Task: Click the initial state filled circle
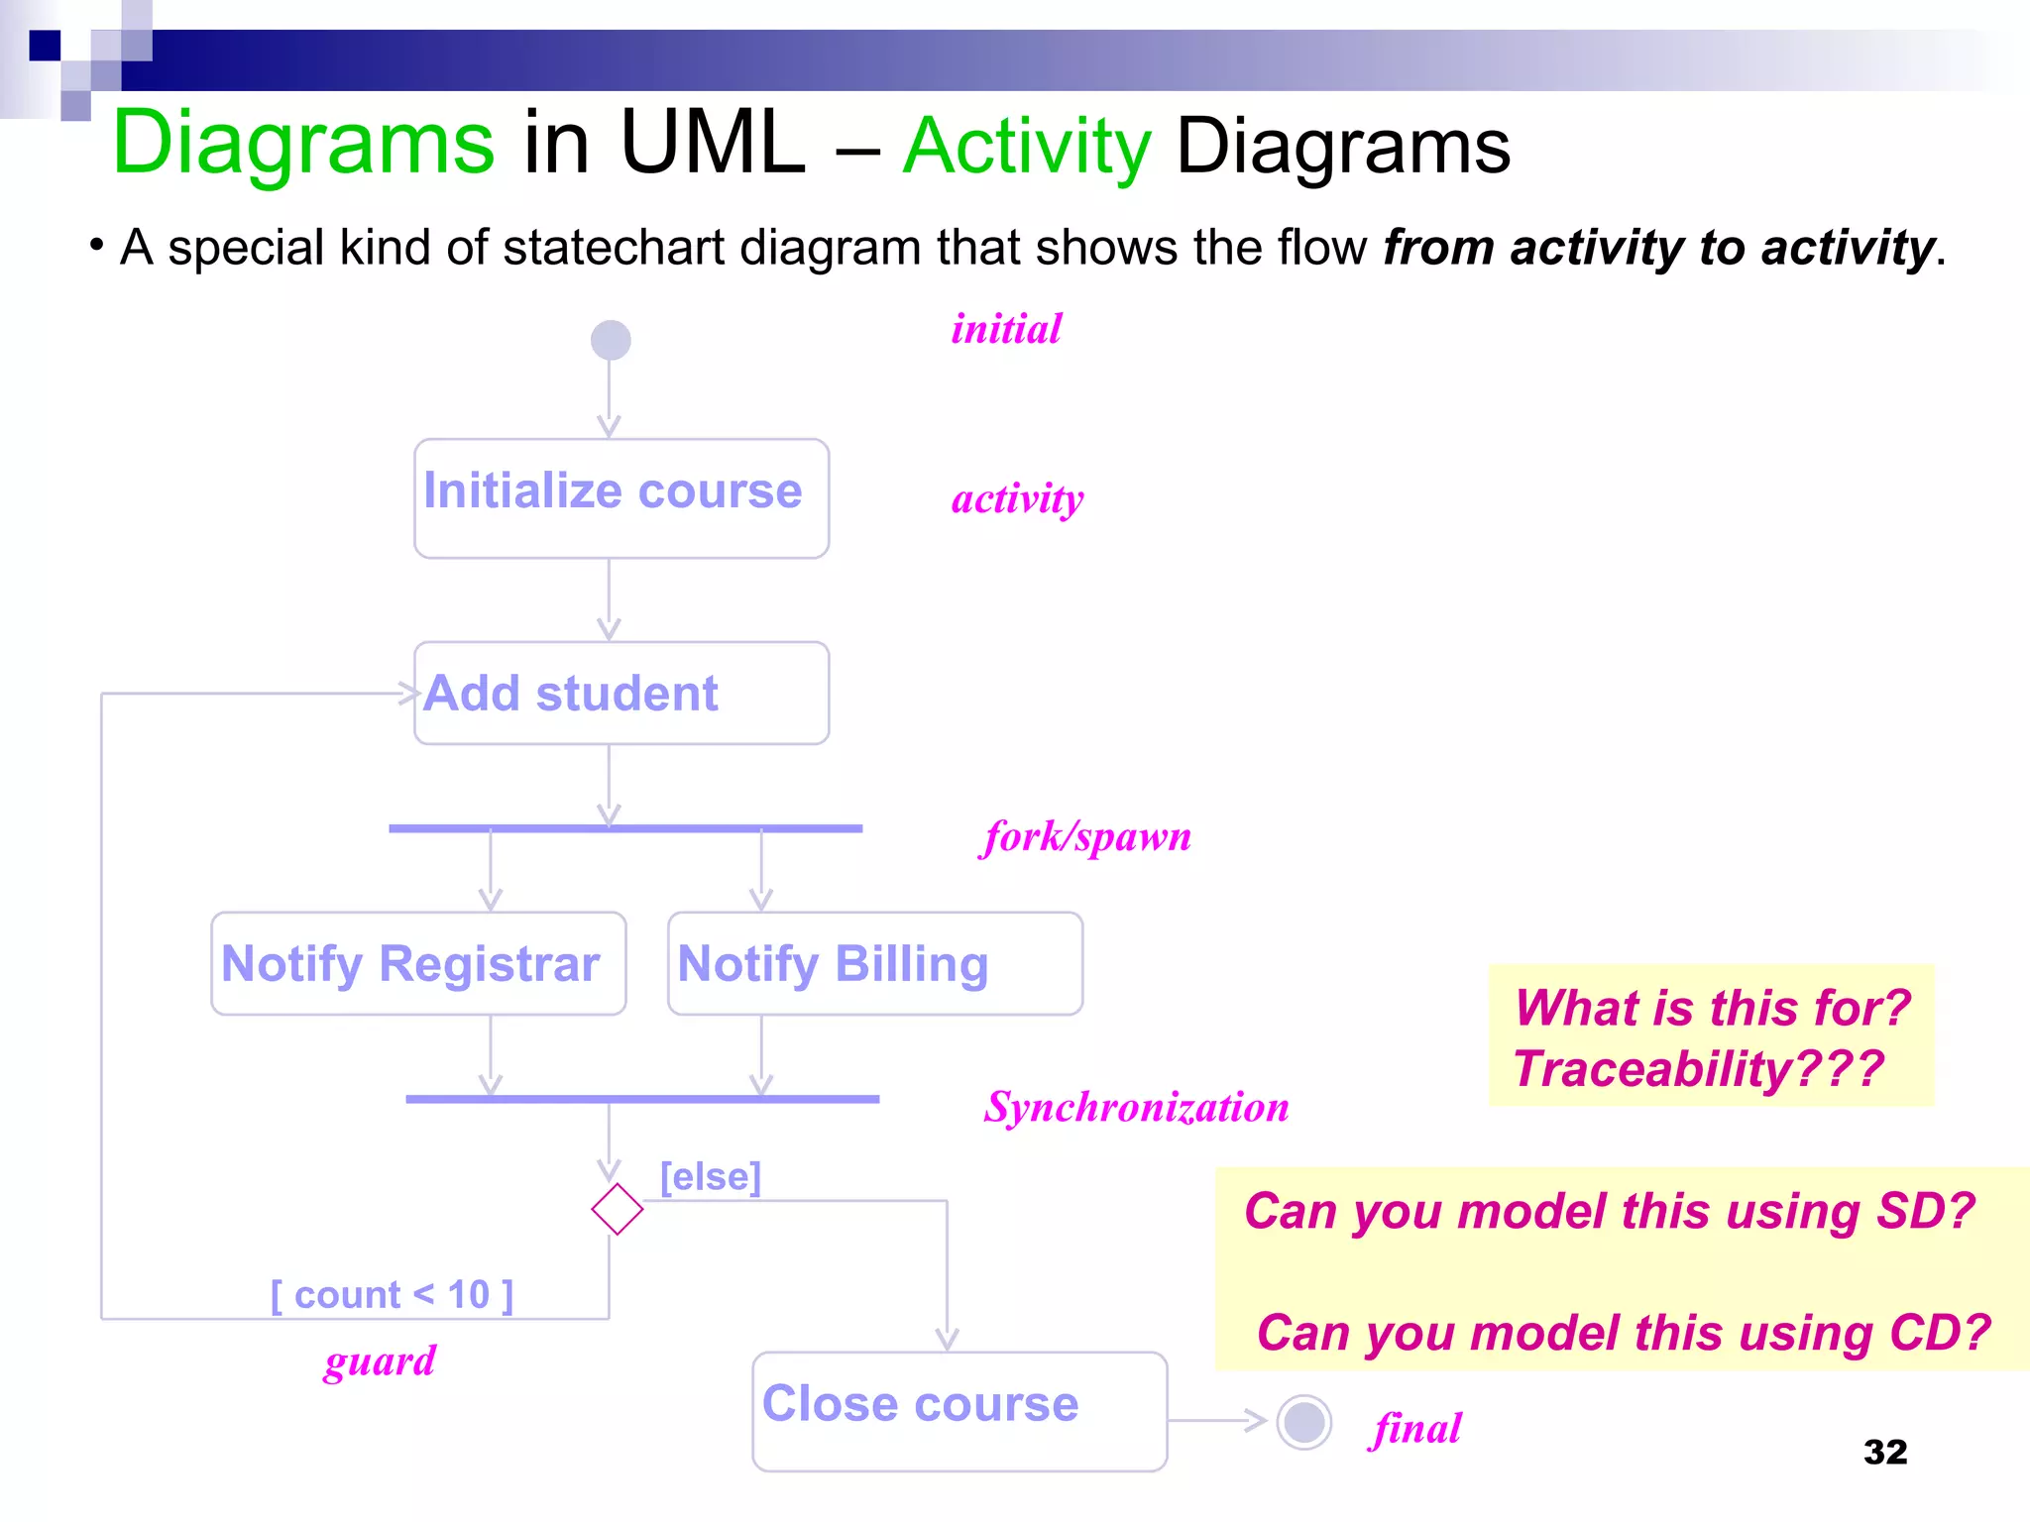click(x=611, y=340)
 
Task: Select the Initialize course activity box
click(x=621, y=498)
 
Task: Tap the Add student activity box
click(x=621, y=693)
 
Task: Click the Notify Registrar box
click(x=418, y=963)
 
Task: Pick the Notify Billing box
click(x=874, y=963)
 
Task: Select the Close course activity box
click(x=959, y=1410)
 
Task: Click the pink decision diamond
click(x=617, y=1209)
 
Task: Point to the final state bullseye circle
click(x=1303, y=1422)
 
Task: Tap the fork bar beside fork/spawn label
click(x=625, y=828)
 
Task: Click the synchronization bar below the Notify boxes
click(x=642, y=1099)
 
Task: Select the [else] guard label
click(x=711, y=1177)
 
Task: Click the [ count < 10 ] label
click(x=393, y=1295)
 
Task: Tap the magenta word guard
click(x=380, y=1360)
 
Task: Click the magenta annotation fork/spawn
click(x=1087, y=837)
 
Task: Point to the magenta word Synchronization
click(x=1136, y=1107)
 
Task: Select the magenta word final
click(x=1417, y=1429)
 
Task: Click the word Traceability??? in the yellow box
click(x=1698, y=1069)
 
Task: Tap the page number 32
click(x=1884, y=1452)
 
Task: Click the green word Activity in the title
click(x=1027, y=147)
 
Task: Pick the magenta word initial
click(x=1006, y=329)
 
